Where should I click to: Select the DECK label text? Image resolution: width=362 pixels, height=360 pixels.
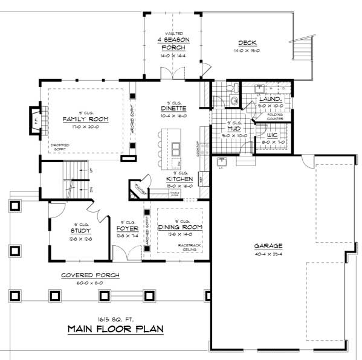coord(248,42)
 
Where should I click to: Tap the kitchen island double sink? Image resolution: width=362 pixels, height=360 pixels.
coord(176,148)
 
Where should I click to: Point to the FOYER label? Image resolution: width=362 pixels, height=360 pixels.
coord(128,229)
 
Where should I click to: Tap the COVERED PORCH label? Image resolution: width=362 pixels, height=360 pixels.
coord(90,275)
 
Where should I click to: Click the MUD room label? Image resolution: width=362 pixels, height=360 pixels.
coord(234,129)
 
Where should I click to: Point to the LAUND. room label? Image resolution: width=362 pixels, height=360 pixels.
coord(269,99)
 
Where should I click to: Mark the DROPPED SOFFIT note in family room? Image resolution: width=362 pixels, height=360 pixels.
coord(58,147)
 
